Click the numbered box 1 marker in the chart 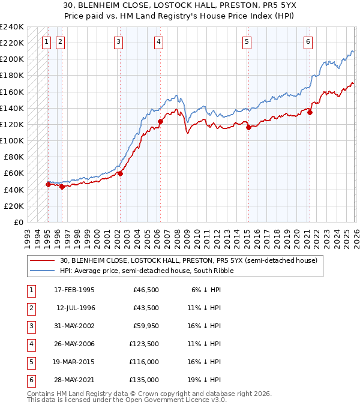(x=47, y=41)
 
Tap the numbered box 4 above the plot (x=158, y=41)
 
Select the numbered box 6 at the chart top (x=307, y=41)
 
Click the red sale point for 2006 (x=160, y=122)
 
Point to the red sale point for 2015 (x=248, y=127)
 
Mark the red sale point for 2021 (x=310, y=112)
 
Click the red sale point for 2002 (x=120, y=173)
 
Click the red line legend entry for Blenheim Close (x=43, y=260)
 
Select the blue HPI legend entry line (x=43, y=271)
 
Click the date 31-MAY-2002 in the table (x=74, y=326)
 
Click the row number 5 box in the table (x=30, y=362)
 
